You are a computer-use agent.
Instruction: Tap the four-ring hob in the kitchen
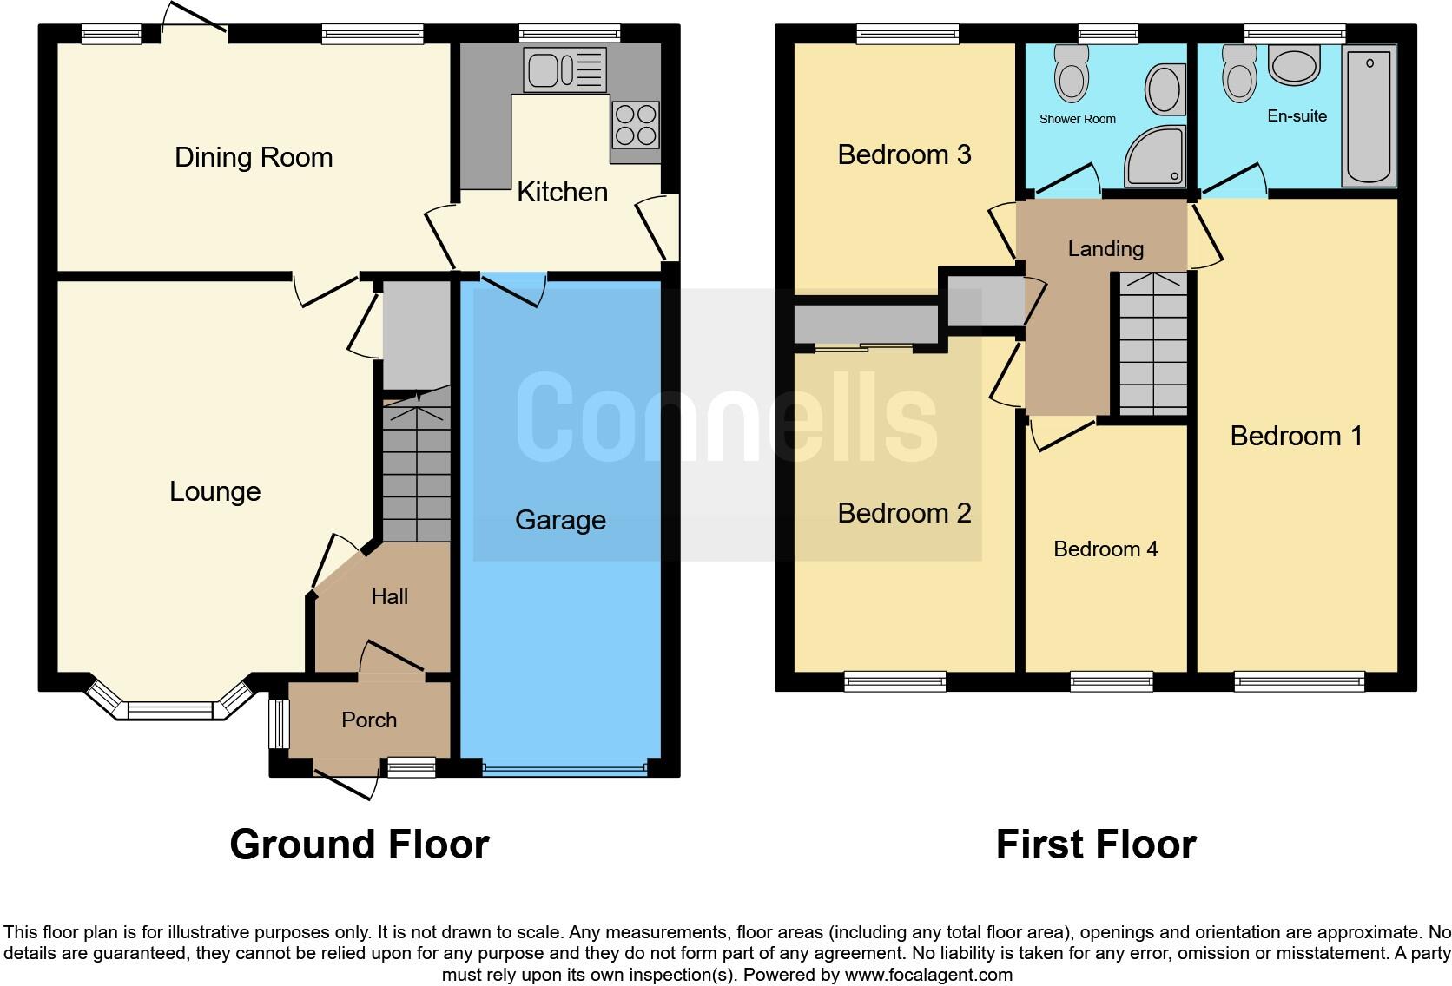pyautogui.click(x=636, y=125)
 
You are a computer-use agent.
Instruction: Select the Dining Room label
pyautogui.click(x=254, y=157)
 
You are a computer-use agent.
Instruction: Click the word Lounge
pyautogui.click(x=214, y=491)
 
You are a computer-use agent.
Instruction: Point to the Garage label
pyautogui.click(x=560, y=520)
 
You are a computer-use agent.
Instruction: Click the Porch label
pyautogui.click(x=369, y=720)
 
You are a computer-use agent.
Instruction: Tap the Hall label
pyautogui.click(x=389, y=596)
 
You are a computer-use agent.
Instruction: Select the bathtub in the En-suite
pyautogui.click(x=1369, y=117)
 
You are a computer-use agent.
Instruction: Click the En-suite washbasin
pyautogui.click(x=1294, y=66)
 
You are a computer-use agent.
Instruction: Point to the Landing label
pyautogui.click(x=1105, y=249)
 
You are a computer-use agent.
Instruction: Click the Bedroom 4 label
pyautogui.click(x=1105, y=549)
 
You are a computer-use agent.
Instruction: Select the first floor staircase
pyautogui.click(x=1152, y=344)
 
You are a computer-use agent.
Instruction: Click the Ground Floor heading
pyautogui.click(x=360, y=845)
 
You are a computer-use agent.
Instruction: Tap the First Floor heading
pyautogui.click(x=1096, y=845)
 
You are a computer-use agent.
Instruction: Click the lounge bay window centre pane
pyautogui.click(x=170, y=710)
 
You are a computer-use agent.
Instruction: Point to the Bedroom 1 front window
pyautogui.click(x=1299, y=682)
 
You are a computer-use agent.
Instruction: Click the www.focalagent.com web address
pyautogui.click(x=928, y=975)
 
